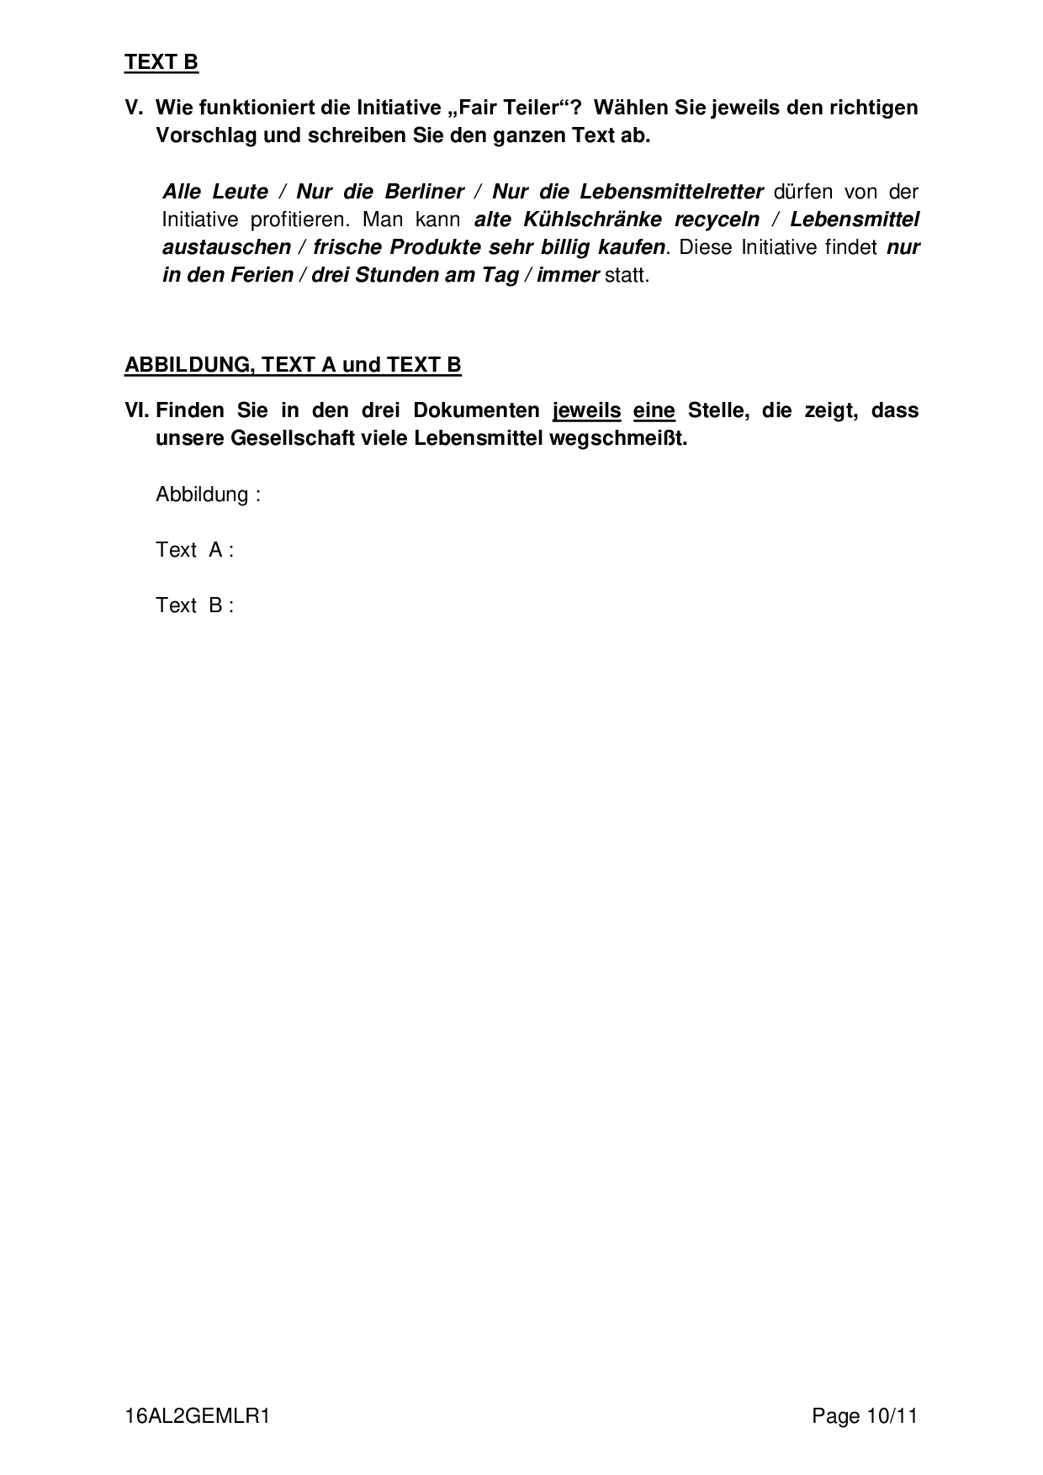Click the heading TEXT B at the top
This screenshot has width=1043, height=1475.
[161, 62]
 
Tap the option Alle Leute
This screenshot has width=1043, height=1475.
[215, 192]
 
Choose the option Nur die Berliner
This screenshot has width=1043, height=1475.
[380, 192]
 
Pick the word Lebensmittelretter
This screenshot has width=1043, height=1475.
[671, 192]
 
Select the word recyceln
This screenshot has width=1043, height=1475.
[717, 219]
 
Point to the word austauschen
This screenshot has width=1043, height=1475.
[226, 247]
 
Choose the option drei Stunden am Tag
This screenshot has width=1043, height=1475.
[415, 275]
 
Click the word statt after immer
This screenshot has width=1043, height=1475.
[626, 275]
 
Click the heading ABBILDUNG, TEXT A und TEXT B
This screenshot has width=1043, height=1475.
[293, 365]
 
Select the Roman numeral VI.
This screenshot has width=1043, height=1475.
[136, 410]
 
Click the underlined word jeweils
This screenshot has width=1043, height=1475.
[586, 410]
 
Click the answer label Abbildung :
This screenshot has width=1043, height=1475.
[208, 494]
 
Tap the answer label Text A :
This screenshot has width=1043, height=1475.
[194, 550]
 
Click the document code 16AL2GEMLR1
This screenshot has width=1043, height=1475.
[197, 1416]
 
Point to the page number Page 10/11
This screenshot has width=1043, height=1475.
[864, 1416]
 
